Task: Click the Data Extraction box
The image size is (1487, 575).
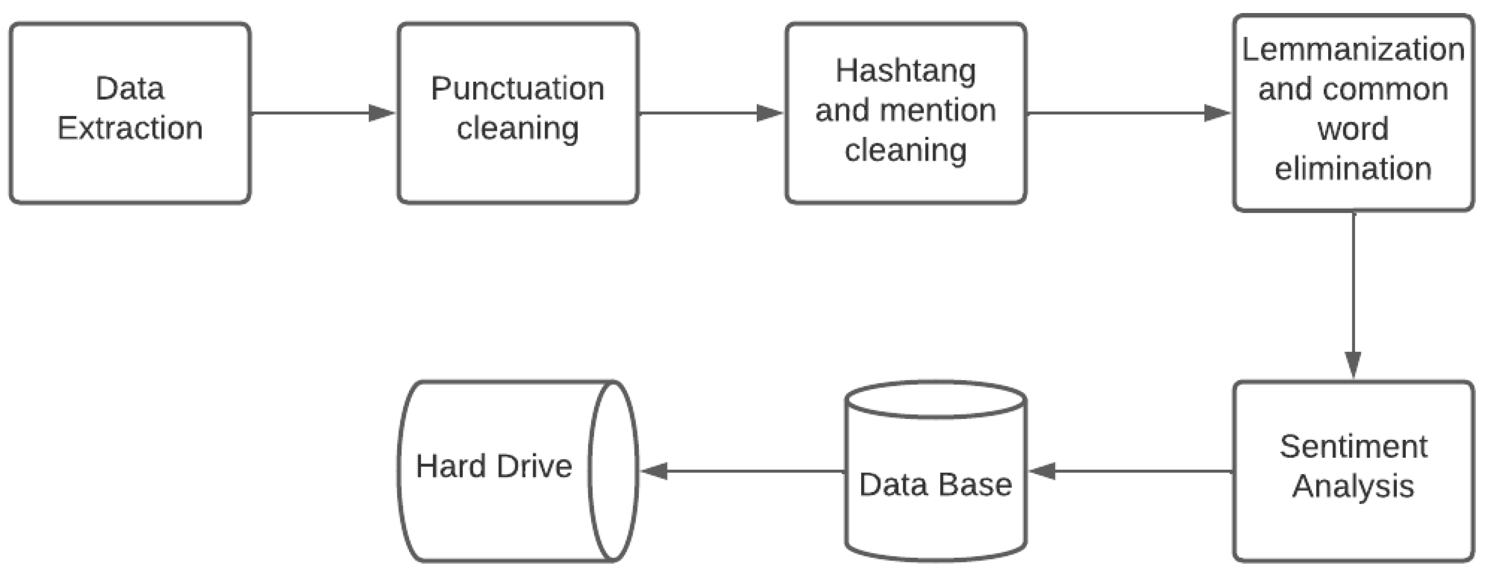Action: coord(130,112)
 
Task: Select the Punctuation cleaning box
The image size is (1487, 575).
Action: coord(517,112)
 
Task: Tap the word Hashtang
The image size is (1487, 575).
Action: coord(905,71)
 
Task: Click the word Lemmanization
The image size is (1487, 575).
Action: coord(1353,50)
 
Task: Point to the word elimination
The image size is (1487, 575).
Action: coord(1353,168)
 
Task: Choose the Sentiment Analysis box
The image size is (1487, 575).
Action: coord(1353,471)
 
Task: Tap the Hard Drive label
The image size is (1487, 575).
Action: coord(494,466)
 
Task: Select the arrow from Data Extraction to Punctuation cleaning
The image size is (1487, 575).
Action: coord(323,112)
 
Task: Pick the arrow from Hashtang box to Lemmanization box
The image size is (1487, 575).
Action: coord(1129,112)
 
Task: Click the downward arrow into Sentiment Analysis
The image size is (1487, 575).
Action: coord(1353,295)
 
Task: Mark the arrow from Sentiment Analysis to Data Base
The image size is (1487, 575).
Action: coord(1132,471)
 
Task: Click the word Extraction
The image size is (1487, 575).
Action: coord(130,128)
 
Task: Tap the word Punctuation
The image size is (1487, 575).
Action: coord(517,89)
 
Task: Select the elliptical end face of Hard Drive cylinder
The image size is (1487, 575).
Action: coord(613,471)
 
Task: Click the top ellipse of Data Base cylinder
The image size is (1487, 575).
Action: coord(935,399)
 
